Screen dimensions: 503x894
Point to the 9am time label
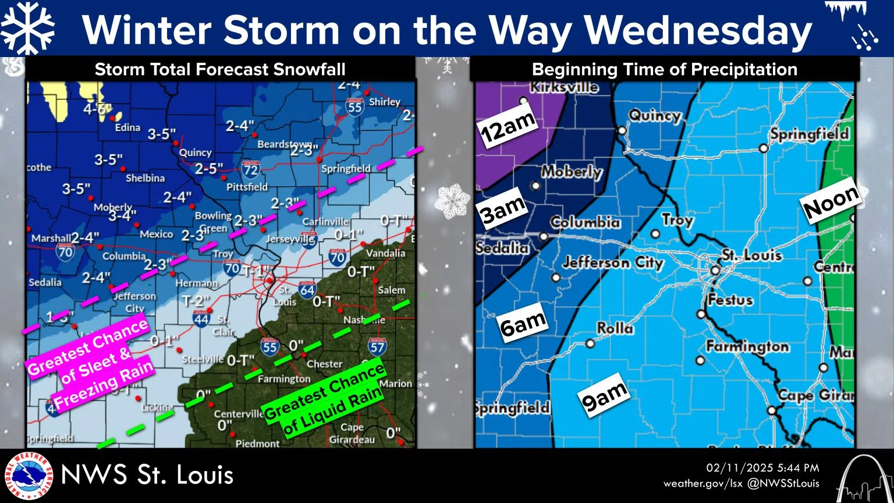coord(604,396)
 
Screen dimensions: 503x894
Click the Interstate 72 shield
coord(251,169)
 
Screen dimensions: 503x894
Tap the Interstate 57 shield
coord(377,347)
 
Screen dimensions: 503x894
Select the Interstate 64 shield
coord(307,289)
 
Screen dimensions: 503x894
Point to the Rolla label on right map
coord(615,328)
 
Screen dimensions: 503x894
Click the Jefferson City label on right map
coord(613,263)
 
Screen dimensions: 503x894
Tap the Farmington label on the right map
coord(747,347)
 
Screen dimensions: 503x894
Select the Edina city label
coord(127,127)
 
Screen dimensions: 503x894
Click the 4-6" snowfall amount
coord(97,109)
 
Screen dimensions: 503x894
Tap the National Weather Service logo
coord(27,476)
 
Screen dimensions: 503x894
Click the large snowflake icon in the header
coord(28,28)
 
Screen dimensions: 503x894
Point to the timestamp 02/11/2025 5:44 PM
coord(762,468)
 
